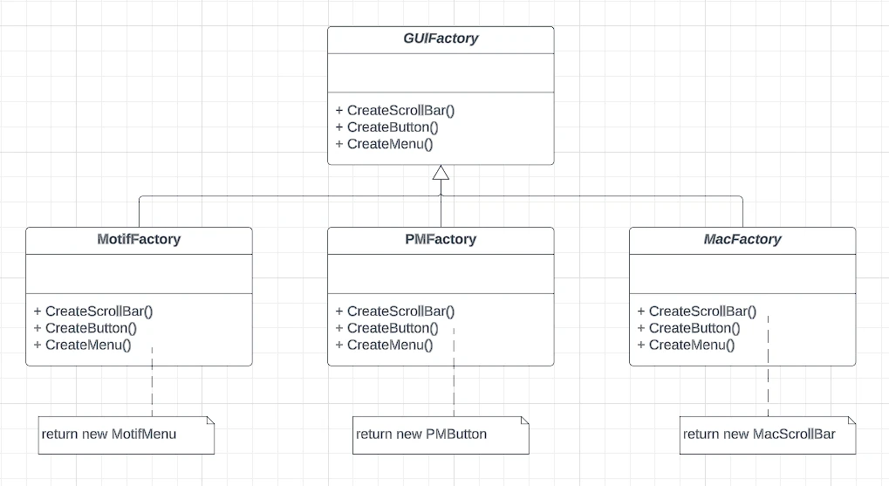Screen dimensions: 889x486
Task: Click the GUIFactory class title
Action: (x=441, y=38)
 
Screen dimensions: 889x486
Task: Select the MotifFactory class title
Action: (x=139, y=239)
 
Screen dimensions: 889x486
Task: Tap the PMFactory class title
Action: (x=441, y=239)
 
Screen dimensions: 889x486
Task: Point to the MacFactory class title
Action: (x=742, y=239)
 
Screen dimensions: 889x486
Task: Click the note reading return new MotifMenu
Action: (x=127, y=435)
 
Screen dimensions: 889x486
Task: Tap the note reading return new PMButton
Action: (x=441, y=435)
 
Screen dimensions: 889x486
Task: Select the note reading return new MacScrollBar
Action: (x=768, y=435)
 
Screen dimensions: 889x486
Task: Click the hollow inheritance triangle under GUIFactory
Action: (x=441, y=173)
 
